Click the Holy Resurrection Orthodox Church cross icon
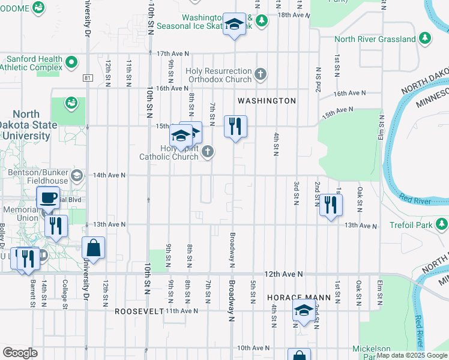click(x=260, y=74)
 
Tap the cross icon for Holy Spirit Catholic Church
click(x=208, y=151)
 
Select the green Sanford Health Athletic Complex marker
click(x=71, y=62)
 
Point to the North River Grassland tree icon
click(x=425, y=39)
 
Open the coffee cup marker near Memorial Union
click(x=47, y=197)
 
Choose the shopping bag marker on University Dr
click(x=94, y=247)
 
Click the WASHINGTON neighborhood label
click(x=267, y=101)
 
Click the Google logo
click(x=20, y=353)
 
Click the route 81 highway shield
click(x=88, y=78)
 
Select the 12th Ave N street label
click(x=282, y=274)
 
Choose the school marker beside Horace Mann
click(x=304, y=311)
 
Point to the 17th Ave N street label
click(x=172, y=54)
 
